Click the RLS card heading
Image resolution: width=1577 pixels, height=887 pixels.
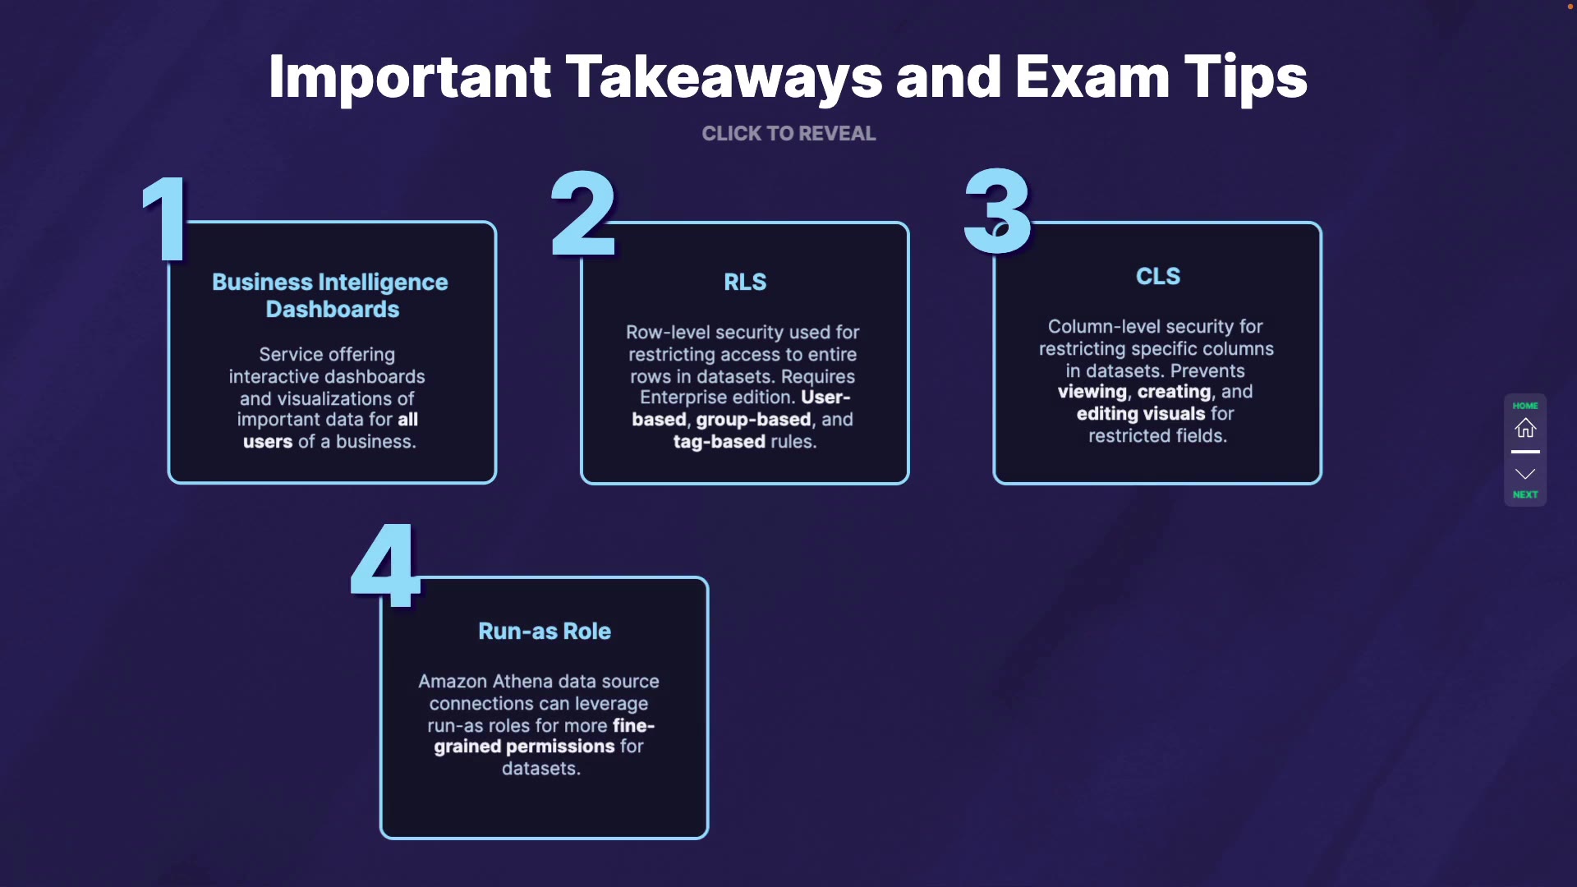pyautogui.click(x=745, y=283)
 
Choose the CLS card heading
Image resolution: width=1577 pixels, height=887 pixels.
pyautogui.click(x=1158, y=277)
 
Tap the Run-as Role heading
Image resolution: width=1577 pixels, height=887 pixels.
pyautogui.click(x=545, y=631)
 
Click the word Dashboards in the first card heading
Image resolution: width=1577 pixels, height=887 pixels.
pyautogui.click(x=333, y=310)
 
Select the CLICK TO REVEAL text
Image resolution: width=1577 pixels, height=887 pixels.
pyautogui.click(x=788, y=134)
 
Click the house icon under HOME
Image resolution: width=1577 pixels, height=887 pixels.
pyautogui.click(x=1525, y=428)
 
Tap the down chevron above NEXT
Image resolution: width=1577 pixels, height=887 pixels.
pyautogui.click(x=1525, y=474)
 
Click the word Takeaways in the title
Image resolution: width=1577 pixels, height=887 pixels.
pyautogui.click(x=724, y=77)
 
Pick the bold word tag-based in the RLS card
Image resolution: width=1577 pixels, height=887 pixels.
pyautogui.click(x=720, y=442)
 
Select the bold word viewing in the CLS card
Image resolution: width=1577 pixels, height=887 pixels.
pyautogui.click(x=1092, y=392)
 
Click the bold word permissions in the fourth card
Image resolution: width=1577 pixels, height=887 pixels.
pyautogui.click(x=560, y=747)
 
